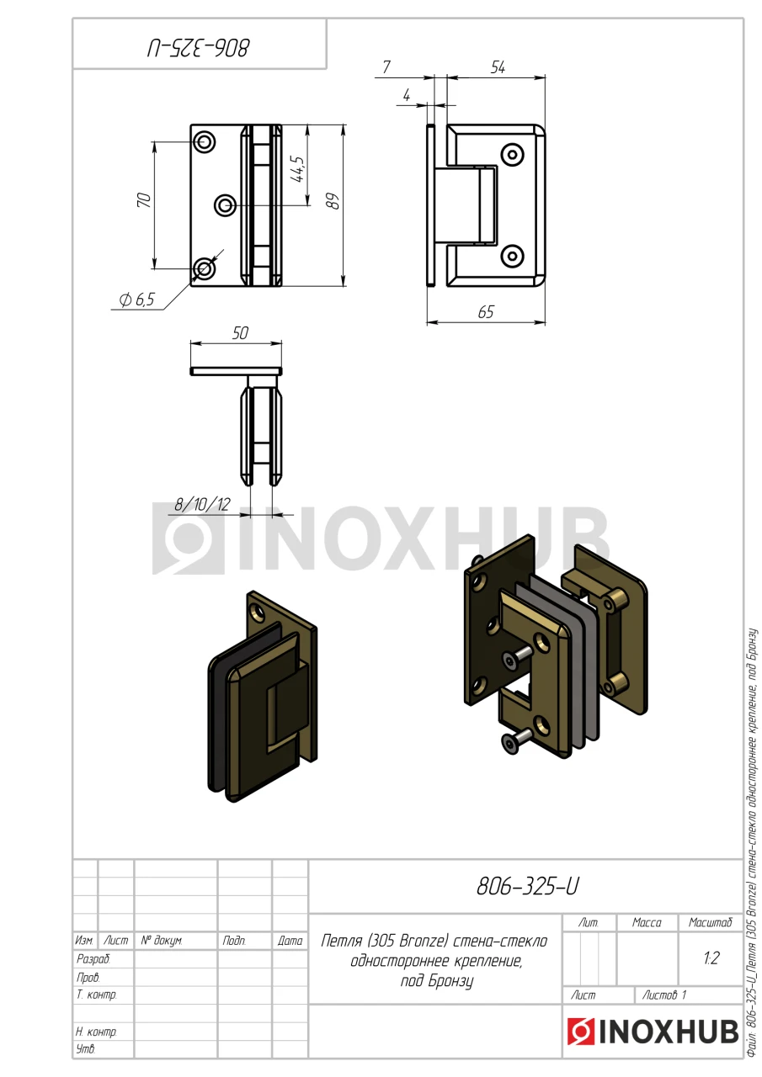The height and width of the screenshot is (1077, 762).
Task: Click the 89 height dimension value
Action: (x=333, y=200)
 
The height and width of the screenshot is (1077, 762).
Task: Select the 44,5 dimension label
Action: (x=298, y=169)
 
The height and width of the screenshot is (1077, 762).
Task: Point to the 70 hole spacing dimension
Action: (x=144, y=199)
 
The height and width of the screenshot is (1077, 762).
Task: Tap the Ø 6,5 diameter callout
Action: (x=137, y=300)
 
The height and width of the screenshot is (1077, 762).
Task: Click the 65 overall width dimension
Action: (x=486, y=312)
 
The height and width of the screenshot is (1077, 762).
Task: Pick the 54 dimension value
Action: (x=498, y=68)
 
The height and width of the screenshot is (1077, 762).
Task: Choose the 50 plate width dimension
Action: (x=240, y=333)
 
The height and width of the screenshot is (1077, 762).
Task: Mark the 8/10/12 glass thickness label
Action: (x=202, y=504)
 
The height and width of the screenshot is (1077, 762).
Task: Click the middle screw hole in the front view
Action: (x=225, y=205)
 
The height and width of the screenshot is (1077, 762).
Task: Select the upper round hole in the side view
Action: (x=512, y=156)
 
